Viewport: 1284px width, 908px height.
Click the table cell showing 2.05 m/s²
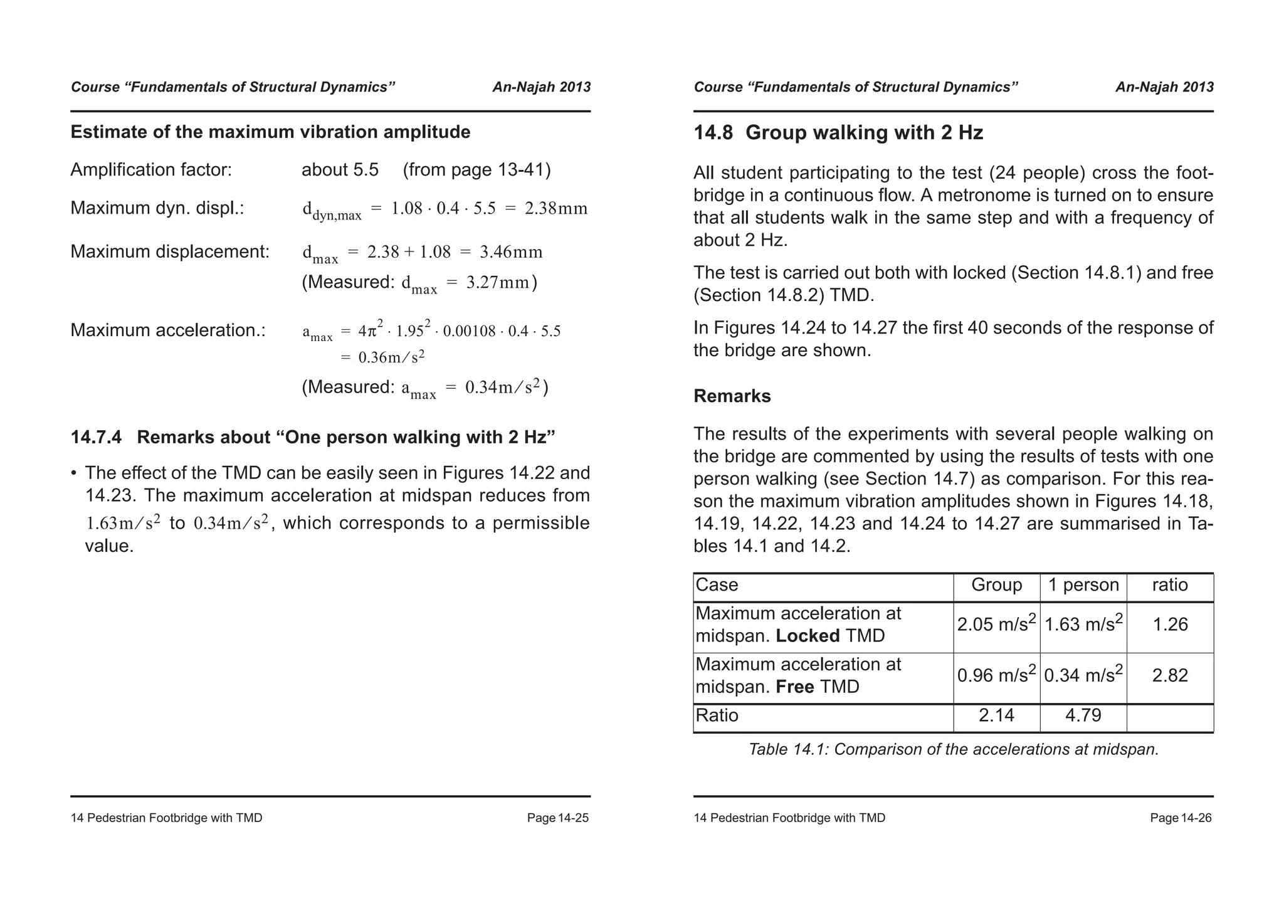coord(996,625)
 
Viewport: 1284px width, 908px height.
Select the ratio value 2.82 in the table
coord(1170,676)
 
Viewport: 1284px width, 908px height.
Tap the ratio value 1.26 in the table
coord(1170,625)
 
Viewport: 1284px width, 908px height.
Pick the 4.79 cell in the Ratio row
coord(1083,715)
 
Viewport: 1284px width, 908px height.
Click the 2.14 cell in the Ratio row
coord(996,715)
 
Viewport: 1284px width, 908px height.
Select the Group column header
coord(996,585)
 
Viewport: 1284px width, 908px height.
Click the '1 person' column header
coord(1083,585)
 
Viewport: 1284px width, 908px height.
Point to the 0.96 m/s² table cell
coord(996,676)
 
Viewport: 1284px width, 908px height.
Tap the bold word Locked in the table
coord(808,636)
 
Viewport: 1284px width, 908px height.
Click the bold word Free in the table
coord(795,687)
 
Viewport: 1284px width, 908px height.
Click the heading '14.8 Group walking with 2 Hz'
coord(838,133)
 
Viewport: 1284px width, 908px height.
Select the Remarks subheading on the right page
coord(732,396)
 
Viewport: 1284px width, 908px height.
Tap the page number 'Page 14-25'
coord(557,818)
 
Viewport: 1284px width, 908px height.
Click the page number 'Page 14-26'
coord(1181,818)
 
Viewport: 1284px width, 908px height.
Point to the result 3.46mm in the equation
coord(511,252)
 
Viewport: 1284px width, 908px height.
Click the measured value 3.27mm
coord(498,283)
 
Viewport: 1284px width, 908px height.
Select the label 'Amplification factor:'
coord(151,170)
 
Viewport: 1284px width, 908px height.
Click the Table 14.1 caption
coord(953,749)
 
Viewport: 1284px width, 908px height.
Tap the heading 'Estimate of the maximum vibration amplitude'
coord(270,132)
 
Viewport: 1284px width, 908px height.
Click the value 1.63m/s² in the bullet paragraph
coord(123,523)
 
